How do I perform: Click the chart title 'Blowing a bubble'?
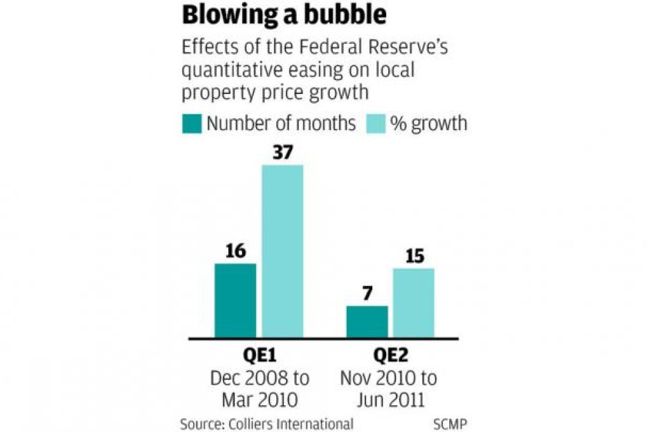[x=284, y=15]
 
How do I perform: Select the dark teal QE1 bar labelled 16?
[x=235, y=300]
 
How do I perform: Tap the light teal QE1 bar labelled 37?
[x=283, y=252]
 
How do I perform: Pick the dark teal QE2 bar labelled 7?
[x=367, y=321]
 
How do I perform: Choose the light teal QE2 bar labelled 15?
[x=414, y=303]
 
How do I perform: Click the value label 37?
[x=283, y=152]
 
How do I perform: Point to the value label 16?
[x=235, y=252]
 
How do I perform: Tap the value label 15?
[x=414, y=257]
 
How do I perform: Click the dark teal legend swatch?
[x=192, y=123]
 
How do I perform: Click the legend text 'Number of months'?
[x=281, y=123]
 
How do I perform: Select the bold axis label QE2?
[x=388, y=356]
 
